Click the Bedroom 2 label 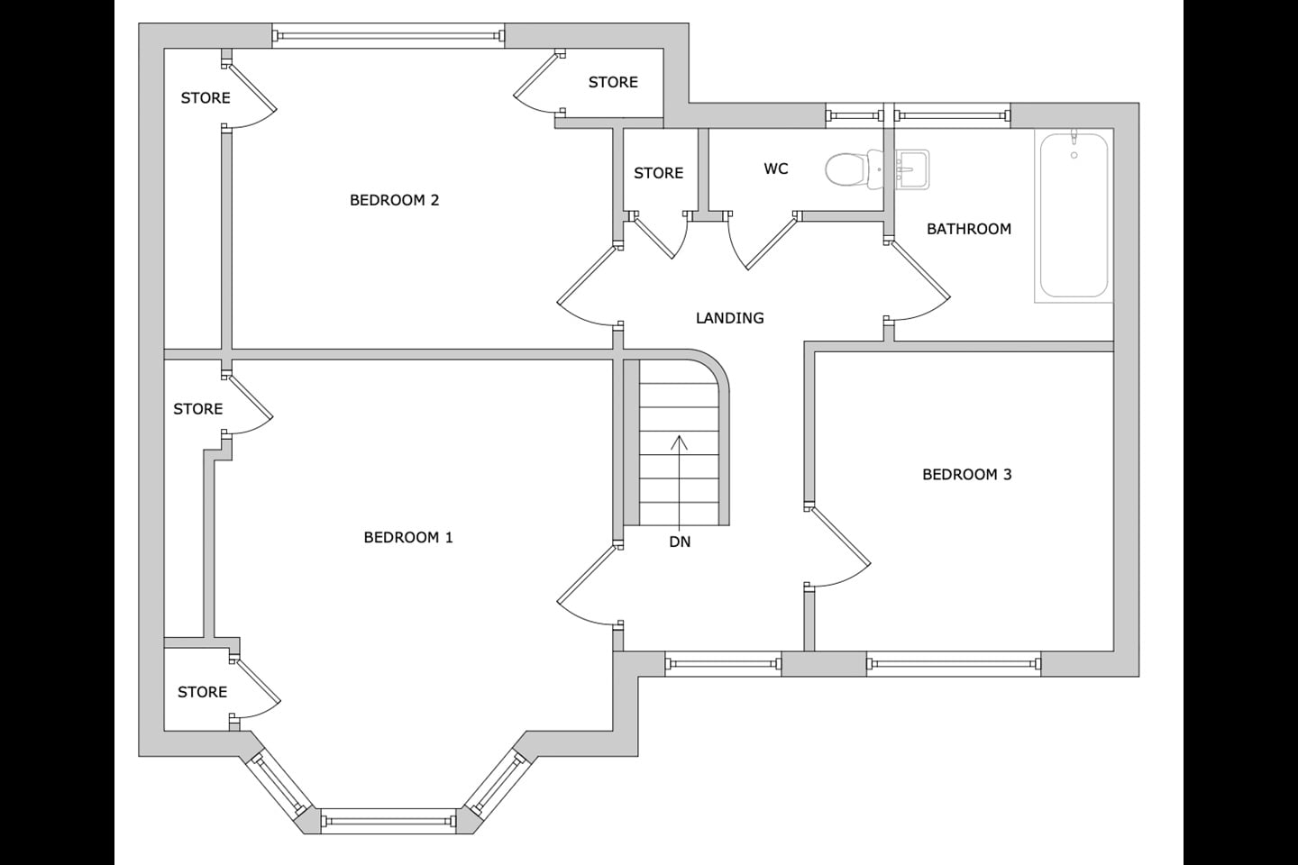pyautogui.click(x=394, y=200)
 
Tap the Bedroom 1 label pyautogui.click(x=408, y=538)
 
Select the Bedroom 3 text pyautogui.click(x=966, y=475)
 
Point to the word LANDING pyautogui.click(x=729, y=318)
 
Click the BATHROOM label pyautogui.click(x=969, y=230)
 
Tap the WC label pyautogui.click(x=776, y=168)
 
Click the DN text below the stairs pyautogui.click(x=680, y=542)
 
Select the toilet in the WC pyautogui.click(x=853, y=169)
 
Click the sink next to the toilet pyautogui.click(x=912, y=169)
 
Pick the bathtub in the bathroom pyautogui.click(x=1074, y=215)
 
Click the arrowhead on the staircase pyautogui.click(x=679, y=442)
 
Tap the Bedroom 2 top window pyautogui.click(x=388, y=36)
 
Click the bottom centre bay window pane pyautogui.click(x=388, y=821)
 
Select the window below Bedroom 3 pyautogui.click(x=954, y=664)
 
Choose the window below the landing pyautogui.click(x=723, y=664)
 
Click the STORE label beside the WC pyautogui.click(x=658, y=173)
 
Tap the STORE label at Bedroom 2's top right pyautogui.click(x=613, y=82)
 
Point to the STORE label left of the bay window pyautogui.click(x=202, y=692)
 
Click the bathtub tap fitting pyautogui.click(x=1074, y=138)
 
